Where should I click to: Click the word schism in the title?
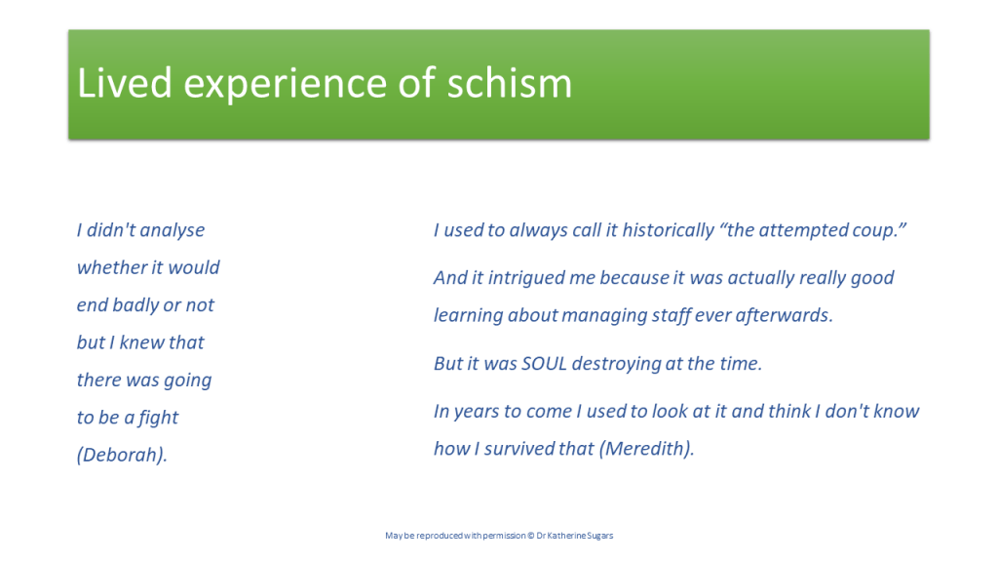[509, 83]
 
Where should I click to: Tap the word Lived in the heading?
[125, 83]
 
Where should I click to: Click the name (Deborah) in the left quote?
[122, 455]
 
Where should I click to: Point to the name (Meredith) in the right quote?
[647, 448]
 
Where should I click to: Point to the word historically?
[669, 230]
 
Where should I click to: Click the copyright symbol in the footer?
[530, 536]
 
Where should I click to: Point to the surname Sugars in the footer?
[599, 536]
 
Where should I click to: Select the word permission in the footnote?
[504, 536]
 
